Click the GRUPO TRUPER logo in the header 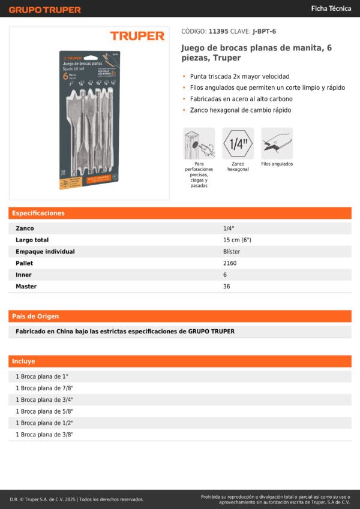click(44, 10)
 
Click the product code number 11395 click(218, 31)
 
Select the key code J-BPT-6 click(265, 31)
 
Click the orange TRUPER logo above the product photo click(137, 36)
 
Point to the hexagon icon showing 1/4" click(238, 143)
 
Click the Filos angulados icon click(277, 143)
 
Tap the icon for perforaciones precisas click(199, 143)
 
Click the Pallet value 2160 click(230, 263)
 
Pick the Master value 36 click(227, 287)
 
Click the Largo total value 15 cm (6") click(237, 240)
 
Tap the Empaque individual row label click(45, 252)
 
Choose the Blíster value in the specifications click(232, 252)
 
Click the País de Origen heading click(35, 316)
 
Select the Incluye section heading click(24, 362)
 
